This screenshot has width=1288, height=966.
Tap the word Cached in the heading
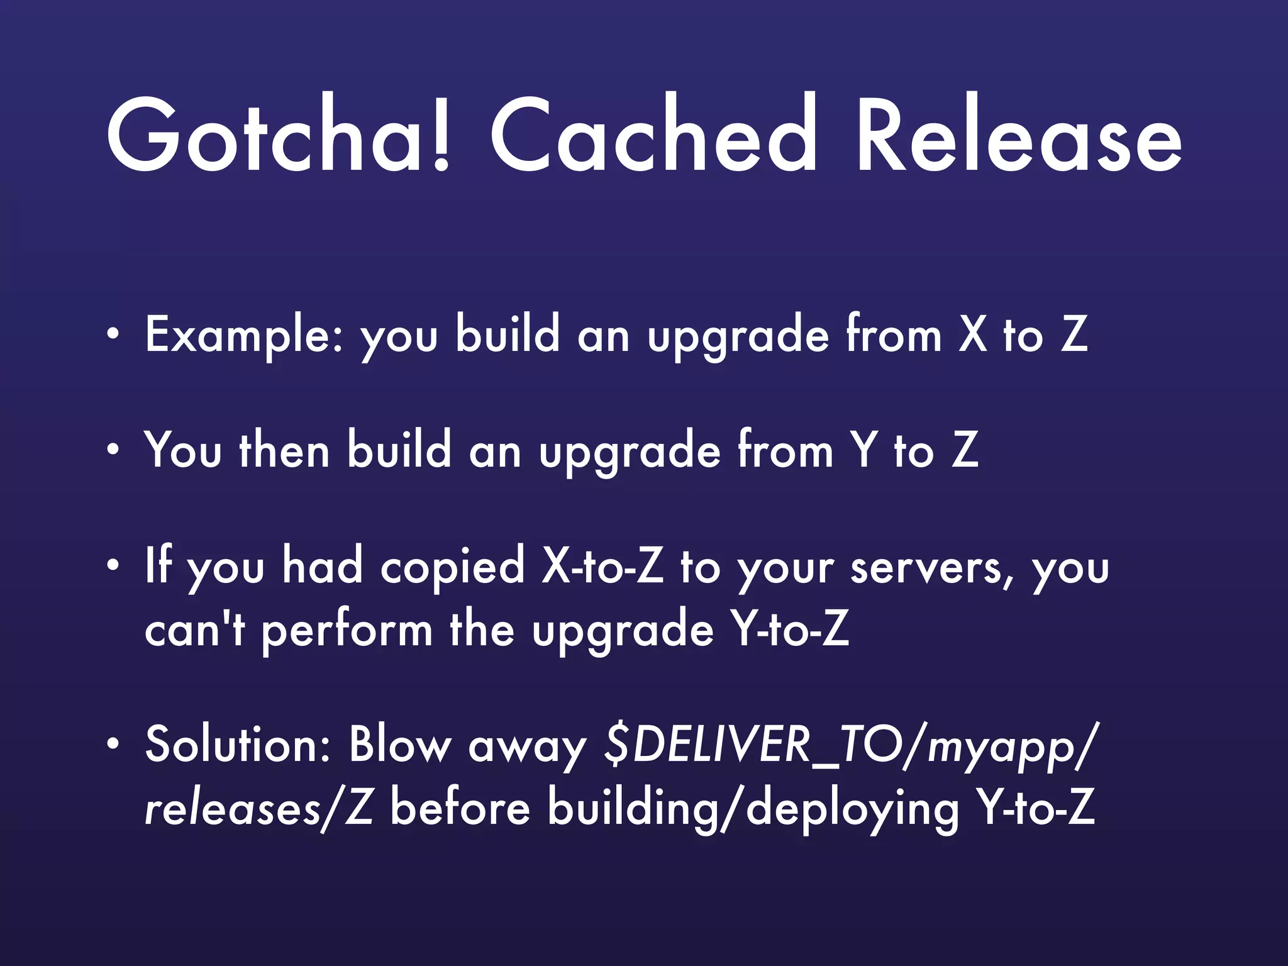654,135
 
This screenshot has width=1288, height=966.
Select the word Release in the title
1019,135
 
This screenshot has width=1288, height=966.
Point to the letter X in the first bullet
972,335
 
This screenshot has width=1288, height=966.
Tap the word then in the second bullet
284,450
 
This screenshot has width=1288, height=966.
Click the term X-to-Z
602,567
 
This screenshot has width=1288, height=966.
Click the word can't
195,631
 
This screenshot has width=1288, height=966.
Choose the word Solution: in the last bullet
238,746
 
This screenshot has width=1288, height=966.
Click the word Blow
400,746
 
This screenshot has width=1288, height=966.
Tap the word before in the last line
460,808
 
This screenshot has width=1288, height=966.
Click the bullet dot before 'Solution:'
113,745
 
